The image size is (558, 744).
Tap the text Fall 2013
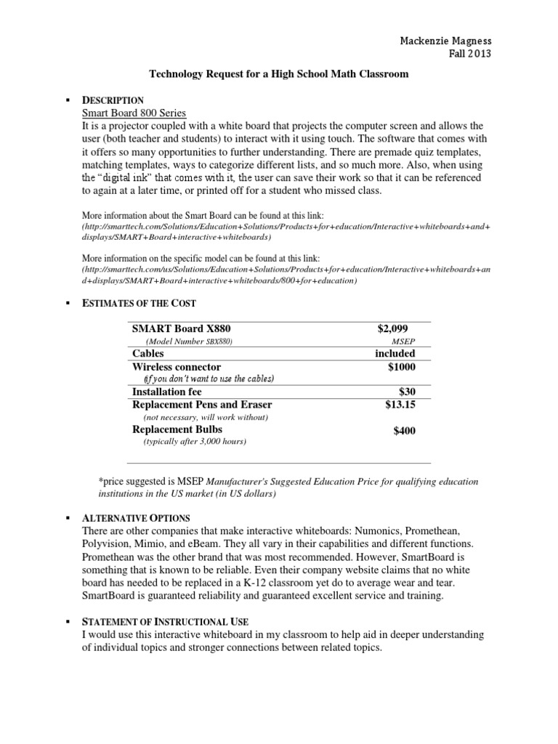[472, 54]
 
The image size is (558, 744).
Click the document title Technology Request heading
[279, 73]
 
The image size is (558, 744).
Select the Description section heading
[113, 100]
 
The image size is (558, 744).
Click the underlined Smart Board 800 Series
[134, 113]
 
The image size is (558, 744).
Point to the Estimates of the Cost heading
[139, 302]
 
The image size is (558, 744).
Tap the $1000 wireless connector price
[402, 367]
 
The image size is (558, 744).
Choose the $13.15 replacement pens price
[400, 405]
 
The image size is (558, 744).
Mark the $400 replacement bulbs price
[405, 431]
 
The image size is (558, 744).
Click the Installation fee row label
[167, 392]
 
